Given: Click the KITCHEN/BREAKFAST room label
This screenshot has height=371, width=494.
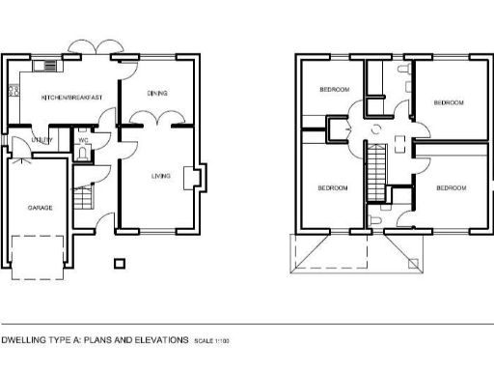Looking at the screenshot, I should [59, 99].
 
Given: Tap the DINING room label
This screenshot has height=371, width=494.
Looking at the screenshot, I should [157, 94].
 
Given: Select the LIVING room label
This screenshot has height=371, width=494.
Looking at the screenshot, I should [161, 177].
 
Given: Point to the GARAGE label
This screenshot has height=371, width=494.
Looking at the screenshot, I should [40, 208].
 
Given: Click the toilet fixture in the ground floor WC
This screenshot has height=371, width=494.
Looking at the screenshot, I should [83, 153].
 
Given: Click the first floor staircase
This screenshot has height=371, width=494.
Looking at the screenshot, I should [370, 168].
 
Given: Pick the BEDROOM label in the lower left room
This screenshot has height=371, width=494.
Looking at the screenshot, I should [332, 187].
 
